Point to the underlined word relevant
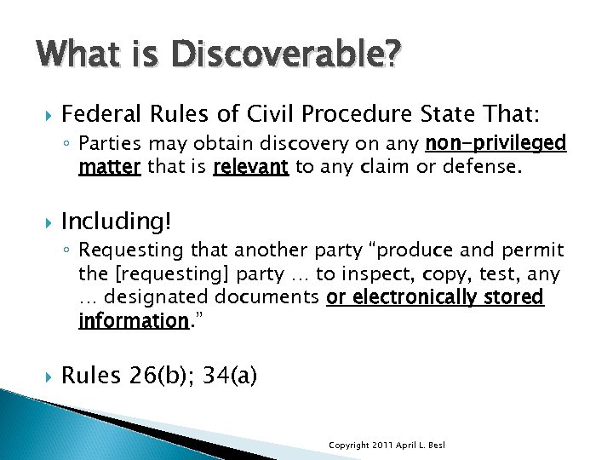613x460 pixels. pyautogui.click(x=251, y=167)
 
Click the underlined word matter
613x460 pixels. pyautogui.click(x=109, y=167)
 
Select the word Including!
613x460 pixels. pyautogui.click(x=117, y=222)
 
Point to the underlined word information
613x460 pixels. pyautogui.click(x=132, y=322)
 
